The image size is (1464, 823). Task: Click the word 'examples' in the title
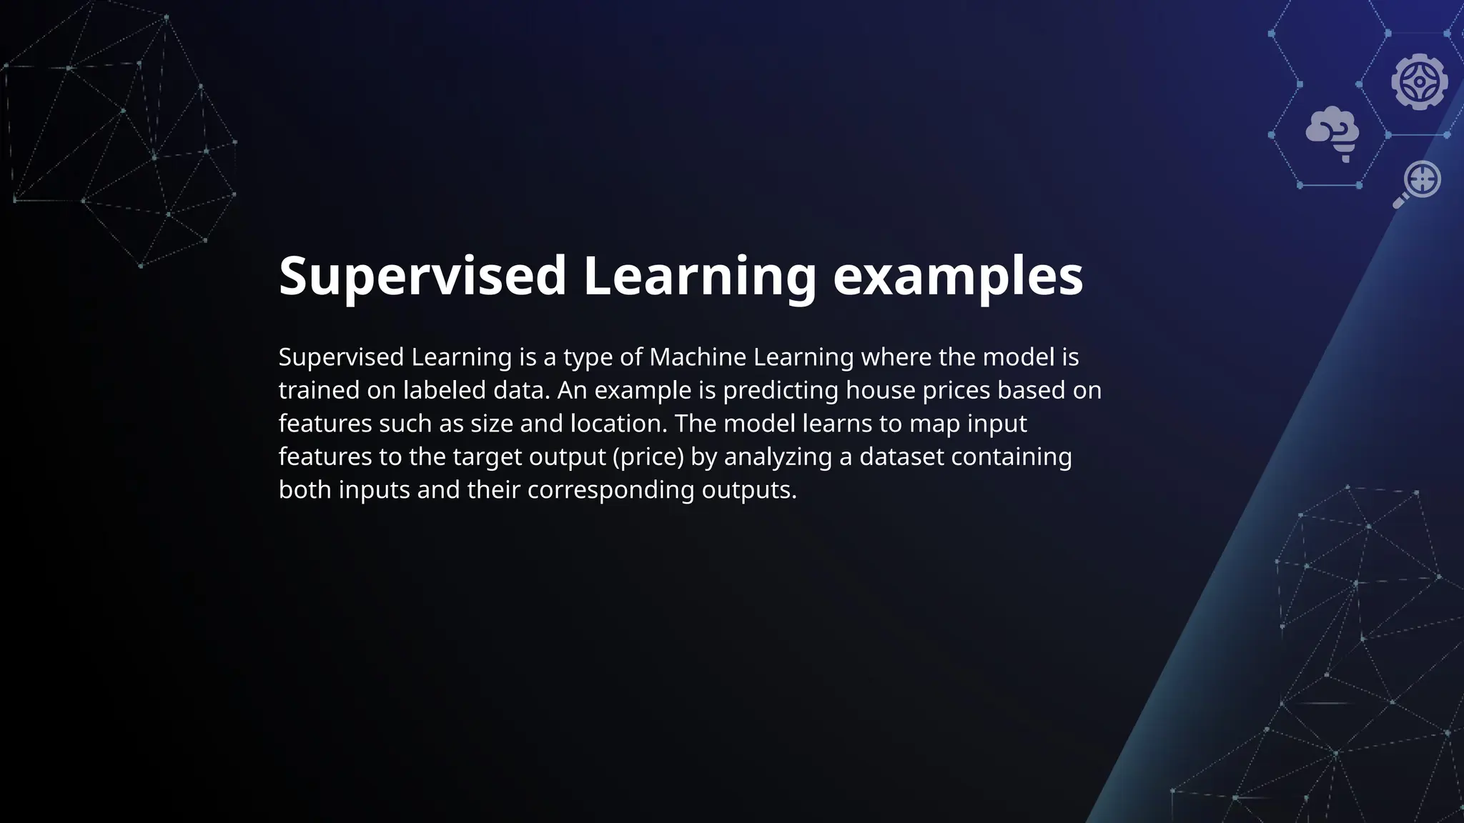click(x=958, y=277)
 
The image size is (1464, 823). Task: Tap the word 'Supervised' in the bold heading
click(x=422, y=277)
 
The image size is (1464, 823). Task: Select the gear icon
click(x=1419, y=82)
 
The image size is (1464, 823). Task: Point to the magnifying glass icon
click(x=1417, y=184)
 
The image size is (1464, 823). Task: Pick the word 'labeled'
click(x=445, y=390)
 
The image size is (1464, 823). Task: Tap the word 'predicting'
click(x=781, y=390)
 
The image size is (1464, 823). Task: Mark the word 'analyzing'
click(x=778, y=457)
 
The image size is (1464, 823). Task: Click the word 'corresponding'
click(x=610, y=490)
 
